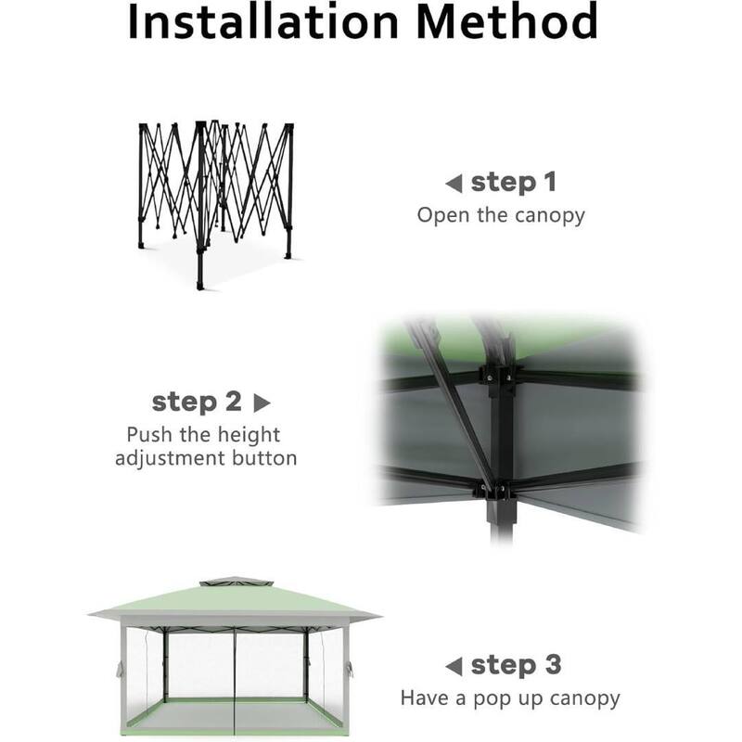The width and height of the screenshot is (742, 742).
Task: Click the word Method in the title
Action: pos(507,21)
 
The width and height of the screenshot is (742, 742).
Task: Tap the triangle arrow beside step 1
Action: pos(454,184)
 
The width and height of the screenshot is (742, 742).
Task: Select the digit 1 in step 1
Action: pos(550,183)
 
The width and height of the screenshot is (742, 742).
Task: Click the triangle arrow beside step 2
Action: pos(262,403)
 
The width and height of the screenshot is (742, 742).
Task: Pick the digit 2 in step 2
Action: pos(233,402)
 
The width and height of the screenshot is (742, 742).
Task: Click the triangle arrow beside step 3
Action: pos(454,667)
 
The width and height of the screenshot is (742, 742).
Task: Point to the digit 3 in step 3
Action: pos(553,665)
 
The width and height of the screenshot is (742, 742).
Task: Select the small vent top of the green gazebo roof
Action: pos(236,582)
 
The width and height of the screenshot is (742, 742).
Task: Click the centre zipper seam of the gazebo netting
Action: pos(235,683)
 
